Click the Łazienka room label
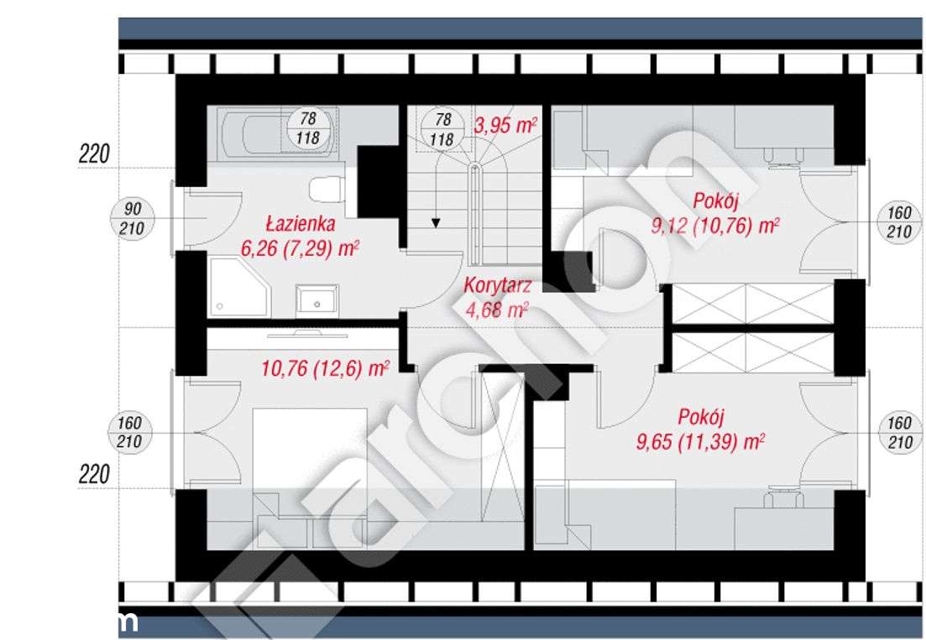(x=301, y=224)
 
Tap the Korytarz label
(x=497, y=286)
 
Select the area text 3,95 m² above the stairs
(x=506, y=127)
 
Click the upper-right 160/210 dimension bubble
(x=898, y=222)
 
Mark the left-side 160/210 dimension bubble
(x=130, y=433)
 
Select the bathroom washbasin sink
(x=317, y=299)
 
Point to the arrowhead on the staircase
(x=437, y=222)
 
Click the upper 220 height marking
(x=95, y=153)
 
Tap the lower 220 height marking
(x=95, y=475)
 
